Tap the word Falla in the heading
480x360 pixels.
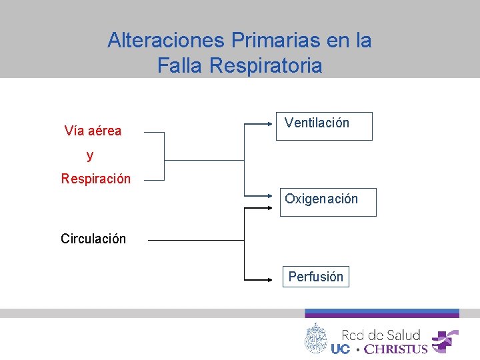click(x=180, y=66)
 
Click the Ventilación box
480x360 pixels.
click(x=324, y=125)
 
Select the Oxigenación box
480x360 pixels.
click(x=328, y=201)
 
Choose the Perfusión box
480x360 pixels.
click(x=315, y=276)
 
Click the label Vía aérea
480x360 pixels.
click(x=93, y=131)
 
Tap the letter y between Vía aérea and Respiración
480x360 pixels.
click(x=90, y=156)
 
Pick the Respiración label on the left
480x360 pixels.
click(x=95, y=179)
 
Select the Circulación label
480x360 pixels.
click(x=93, y=239)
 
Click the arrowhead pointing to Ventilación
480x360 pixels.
click(x=273, y=123)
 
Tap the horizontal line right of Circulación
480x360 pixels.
click(x=196, y=240)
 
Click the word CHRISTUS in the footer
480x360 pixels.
click(x=395, y=349)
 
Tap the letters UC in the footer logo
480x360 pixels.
click(x=340, y=349)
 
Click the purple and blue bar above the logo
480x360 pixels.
click(x=382, y=313)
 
